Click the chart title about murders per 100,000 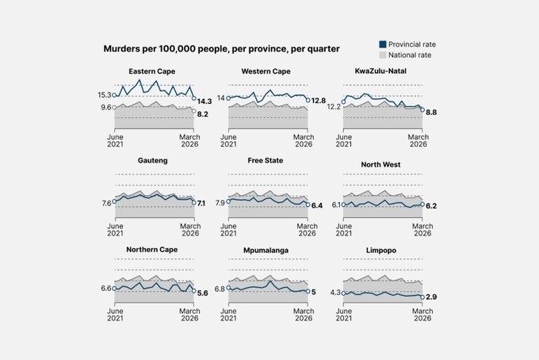(x=221, y=49)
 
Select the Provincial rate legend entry (x=407, y=44)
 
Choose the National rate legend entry (x=405, y=55)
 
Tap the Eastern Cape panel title (x=152, y=71)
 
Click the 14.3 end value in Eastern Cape (x=205, y=101)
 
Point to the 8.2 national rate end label (x=202, y=114)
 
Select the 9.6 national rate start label (x=106, y=107)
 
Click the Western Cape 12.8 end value (x=319, y=101)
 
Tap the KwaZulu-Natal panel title (x=380, y=71)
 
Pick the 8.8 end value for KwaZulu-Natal (x=431, y=113)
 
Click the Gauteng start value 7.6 (x=106, y=203)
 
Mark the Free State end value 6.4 (x=316, y=205)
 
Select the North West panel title (x=380, y=165)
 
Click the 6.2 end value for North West (x=431, y=206)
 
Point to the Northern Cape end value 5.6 (x=202, y=293)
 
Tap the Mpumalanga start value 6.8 (x=220, y=289)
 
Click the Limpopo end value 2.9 (x=431, y=297)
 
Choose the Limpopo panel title (x=381, y=251)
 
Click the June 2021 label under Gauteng (x=115, y=230)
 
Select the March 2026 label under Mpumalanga (x=304, y=315)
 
